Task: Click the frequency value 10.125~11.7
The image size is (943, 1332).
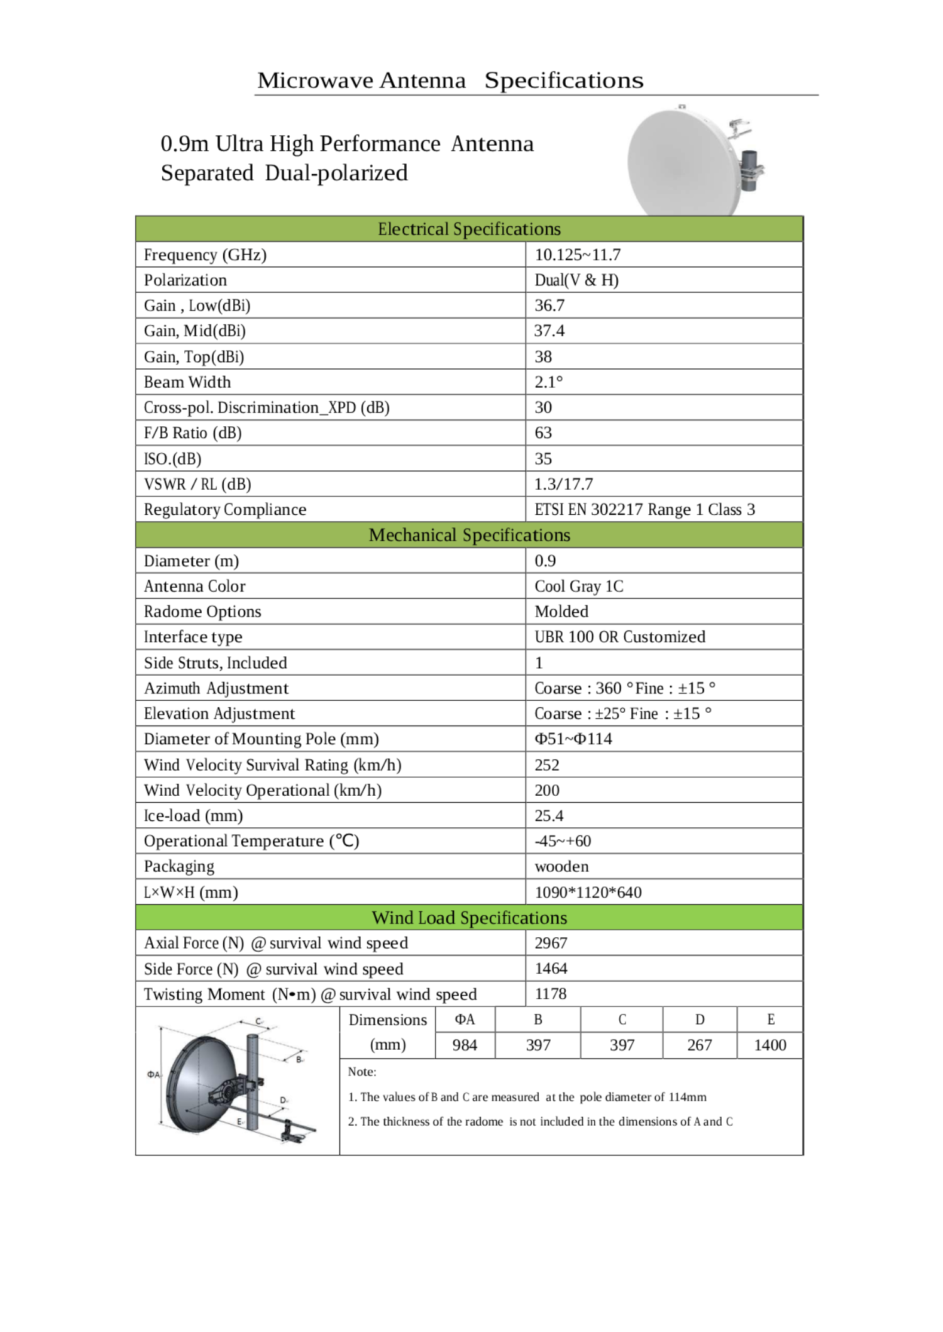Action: pos(577,255)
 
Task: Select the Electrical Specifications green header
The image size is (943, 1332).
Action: pos(469,229)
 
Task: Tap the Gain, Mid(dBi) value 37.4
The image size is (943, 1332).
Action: pos(549,331)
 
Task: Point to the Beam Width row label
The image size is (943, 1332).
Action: pos(187,382)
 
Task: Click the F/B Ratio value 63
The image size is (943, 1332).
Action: pos(543,432)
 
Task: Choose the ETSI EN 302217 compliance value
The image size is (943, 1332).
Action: pos(644,509)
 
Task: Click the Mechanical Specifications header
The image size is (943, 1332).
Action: pos(469,535)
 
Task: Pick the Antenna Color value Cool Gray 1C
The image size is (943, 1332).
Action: pos(578,586)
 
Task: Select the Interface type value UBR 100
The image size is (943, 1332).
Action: pos(619,637)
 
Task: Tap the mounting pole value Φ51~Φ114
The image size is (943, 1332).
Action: pos(573,739)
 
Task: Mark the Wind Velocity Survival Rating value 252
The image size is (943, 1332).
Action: pos(546,765)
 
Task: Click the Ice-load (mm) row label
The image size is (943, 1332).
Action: pos(193,815)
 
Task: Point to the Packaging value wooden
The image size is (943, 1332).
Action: pos(561,866)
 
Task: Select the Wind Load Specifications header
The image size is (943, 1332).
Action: pos(469,918)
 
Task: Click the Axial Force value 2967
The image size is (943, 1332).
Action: pos(551,943)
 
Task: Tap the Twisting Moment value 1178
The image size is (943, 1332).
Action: pos(550,994)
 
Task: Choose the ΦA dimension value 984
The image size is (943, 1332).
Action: pos(465,1045)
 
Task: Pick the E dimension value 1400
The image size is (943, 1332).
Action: pos(769,1045)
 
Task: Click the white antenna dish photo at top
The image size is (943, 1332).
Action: pos(682,162)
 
